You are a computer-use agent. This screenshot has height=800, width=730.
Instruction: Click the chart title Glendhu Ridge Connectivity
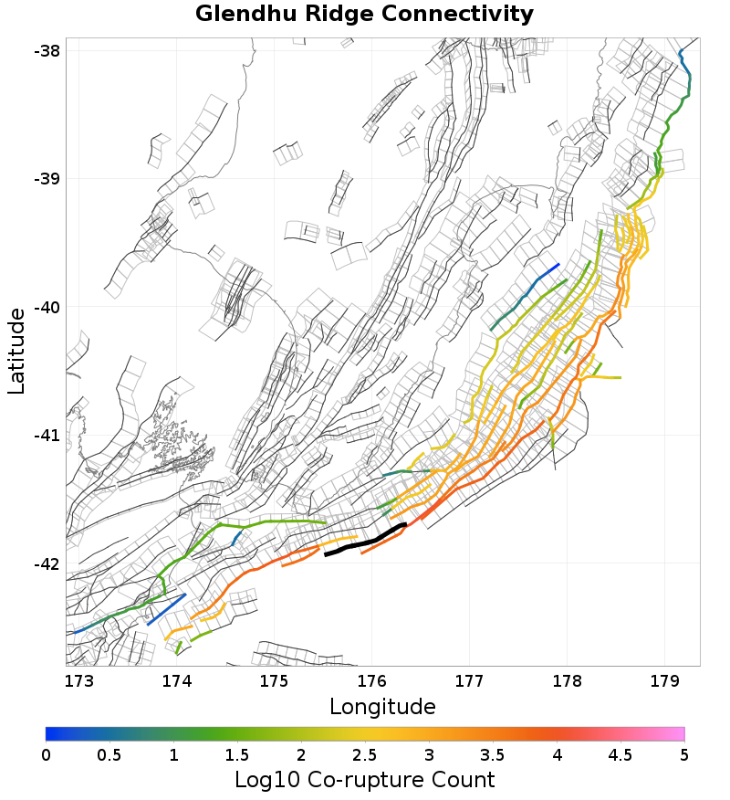364,15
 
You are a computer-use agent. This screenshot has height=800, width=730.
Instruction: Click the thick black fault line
365,541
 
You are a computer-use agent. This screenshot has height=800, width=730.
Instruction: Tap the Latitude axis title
17,351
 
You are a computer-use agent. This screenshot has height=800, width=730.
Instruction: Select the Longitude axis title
382,706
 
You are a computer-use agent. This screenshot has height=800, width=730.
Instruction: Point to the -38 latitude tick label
47,50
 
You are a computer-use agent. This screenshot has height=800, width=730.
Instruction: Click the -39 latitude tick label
47,179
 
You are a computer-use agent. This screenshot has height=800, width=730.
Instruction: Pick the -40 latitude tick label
47,307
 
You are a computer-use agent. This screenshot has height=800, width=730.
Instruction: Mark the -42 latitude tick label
47,563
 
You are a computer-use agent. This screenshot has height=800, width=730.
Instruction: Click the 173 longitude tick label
79,680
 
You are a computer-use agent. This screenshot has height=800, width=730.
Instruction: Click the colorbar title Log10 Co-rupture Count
364,780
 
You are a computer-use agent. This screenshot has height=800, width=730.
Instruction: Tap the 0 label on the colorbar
46,754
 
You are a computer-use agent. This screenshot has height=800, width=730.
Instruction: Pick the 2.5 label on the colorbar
365,754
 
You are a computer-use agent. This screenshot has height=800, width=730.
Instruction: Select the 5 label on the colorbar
683,754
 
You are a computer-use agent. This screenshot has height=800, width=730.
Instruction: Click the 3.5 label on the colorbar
493,754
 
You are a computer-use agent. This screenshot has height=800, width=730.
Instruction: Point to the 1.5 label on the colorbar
237,754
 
